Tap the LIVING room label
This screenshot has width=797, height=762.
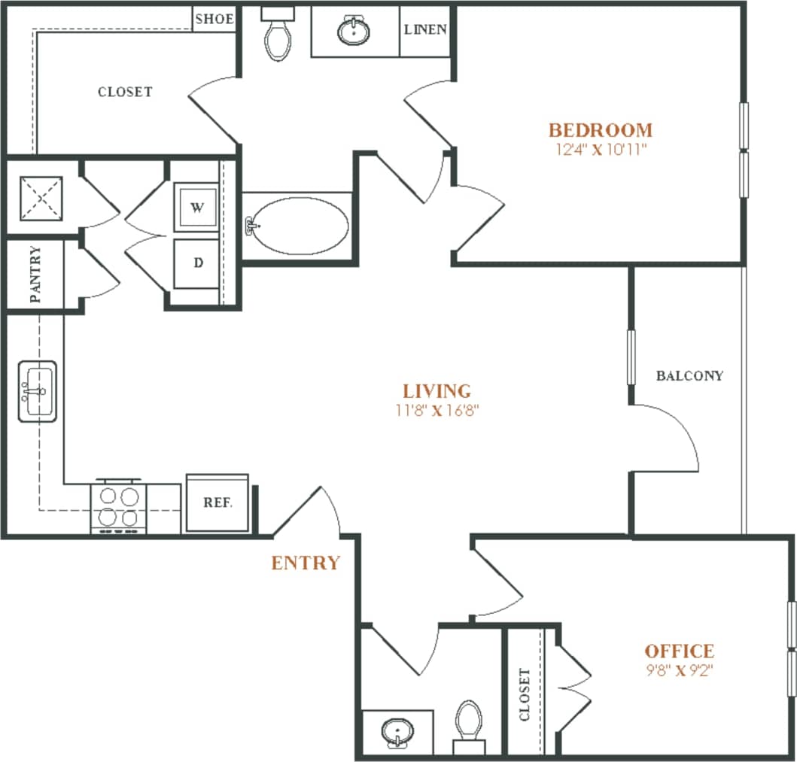437,390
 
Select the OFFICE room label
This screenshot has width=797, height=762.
679,651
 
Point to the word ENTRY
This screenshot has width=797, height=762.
306,563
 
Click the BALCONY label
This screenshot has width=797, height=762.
689,375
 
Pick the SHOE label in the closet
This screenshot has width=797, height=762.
214,19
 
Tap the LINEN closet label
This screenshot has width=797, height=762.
425,30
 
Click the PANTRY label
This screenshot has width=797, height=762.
35,275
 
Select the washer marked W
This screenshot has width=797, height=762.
196,208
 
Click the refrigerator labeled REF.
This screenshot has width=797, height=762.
217,502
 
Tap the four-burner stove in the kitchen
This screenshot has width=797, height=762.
118,506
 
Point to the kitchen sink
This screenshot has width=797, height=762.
37,390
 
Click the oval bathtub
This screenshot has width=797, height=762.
299,225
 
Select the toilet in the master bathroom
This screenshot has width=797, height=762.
277,36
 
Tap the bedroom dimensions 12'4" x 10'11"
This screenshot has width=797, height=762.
600,149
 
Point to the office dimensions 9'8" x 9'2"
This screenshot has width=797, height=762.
678,671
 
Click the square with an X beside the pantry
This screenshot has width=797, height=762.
40,198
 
